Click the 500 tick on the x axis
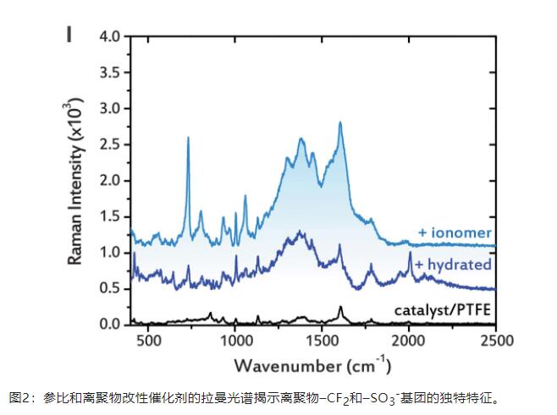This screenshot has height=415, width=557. coord(148,341)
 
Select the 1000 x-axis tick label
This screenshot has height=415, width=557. coord(234,341)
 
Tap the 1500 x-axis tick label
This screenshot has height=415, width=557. coord(322,341)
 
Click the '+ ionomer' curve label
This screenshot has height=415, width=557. coord(455,232)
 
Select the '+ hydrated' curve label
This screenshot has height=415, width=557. coord(452,265)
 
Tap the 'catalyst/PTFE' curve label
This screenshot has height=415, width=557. coord(443,309)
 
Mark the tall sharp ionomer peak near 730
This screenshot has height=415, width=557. coord(188,138)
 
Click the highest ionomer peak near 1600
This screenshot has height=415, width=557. coord(340,123)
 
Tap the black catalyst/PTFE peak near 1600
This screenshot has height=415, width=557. coord(340,308)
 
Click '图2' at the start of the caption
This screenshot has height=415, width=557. coord(19,397)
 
